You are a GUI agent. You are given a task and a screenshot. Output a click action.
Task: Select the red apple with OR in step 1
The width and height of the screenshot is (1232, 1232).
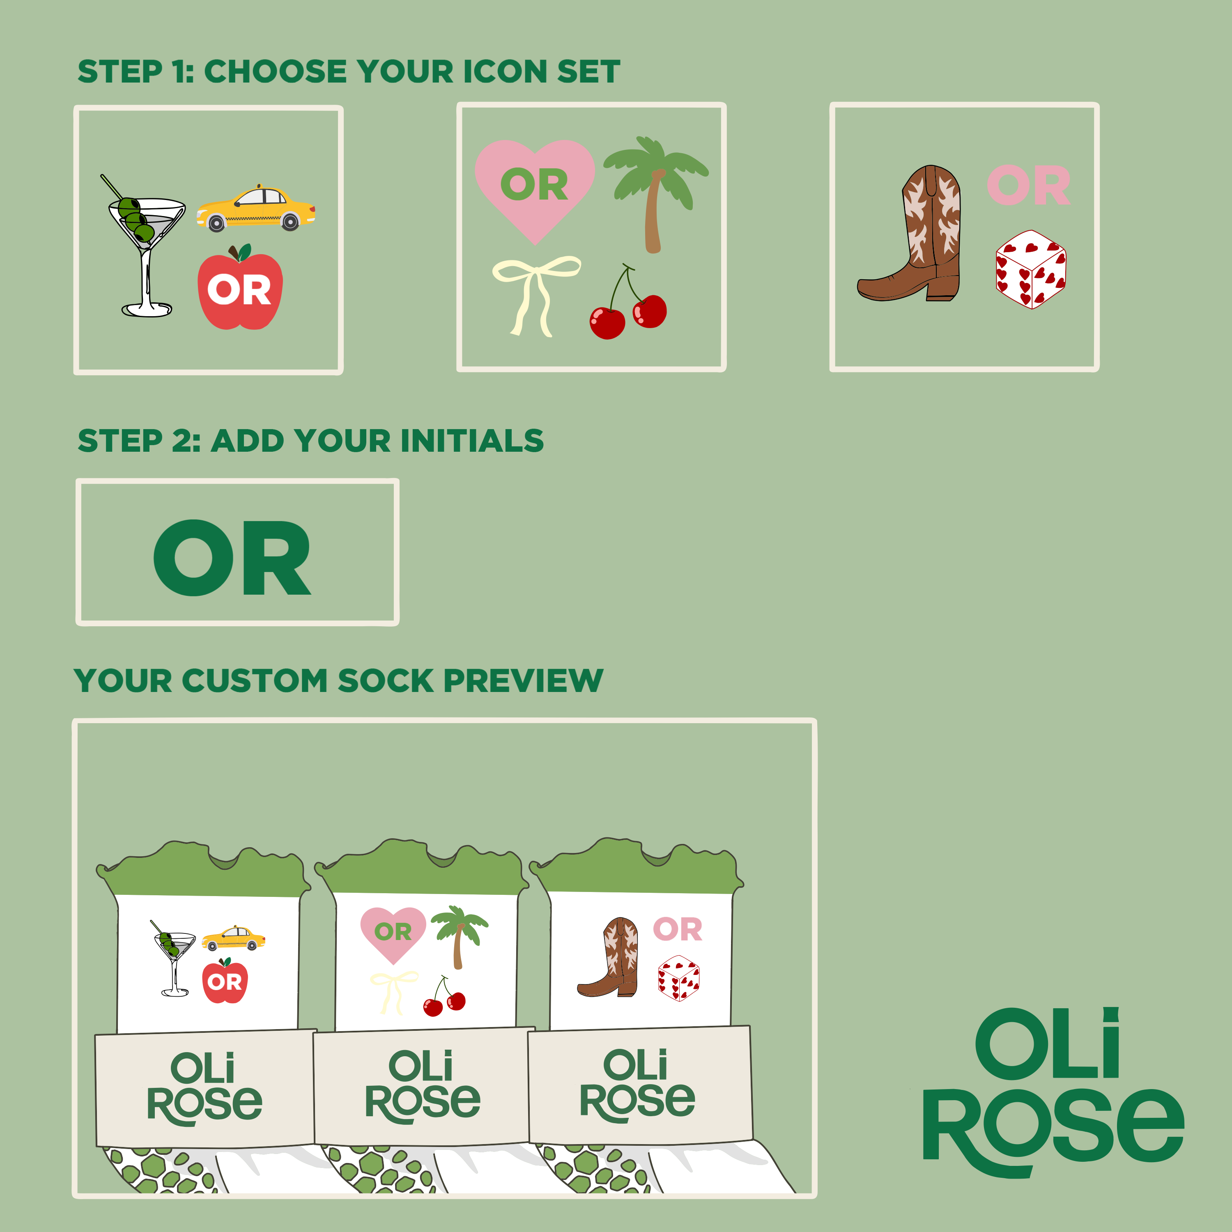(240, 288)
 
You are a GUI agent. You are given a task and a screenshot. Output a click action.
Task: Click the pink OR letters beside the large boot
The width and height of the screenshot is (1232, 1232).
(1029, 186)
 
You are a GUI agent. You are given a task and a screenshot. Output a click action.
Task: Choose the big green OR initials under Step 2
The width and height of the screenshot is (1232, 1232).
(232, 558)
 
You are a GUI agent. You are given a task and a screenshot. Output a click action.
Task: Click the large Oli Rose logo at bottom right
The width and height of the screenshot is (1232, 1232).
(1053, 1092)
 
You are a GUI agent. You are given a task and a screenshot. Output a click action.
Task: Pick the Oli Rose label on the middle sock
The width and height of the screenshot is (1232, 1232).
(422, 1087)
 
